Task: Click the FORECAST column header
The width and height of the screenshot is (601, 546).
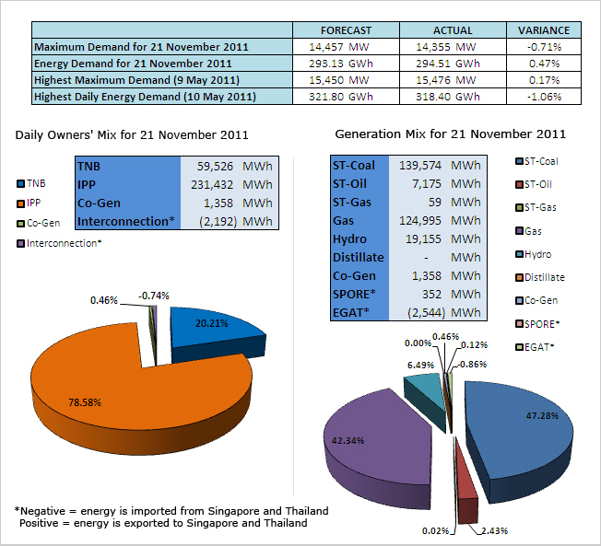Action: coord(346,29)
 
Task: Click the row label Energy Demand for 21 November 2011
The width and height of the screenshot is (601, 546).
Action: coord(133,63)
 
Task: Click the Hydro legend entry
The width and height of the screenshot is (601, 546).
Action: coord(538,253)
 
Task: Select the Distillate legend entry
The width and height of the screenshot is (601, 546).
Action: coord(544,276)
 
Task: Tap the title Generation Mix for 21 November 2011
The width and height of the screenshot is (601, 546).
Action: coord(450,134)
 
